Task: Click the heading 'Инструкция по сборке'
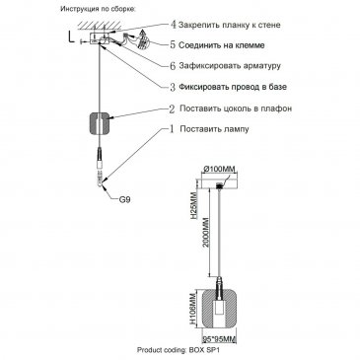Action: (98, 9)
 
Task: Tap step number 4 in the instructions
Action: (174, 25)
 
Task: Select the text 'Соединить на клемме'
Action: (222, 45)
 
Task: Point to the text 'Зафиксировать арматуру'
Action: (230, 65)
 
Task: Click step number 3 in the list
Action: (173, 87)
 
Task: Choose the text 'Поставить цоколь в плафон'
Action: (236, 108)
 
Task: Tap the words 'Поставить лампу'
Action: (214, 129)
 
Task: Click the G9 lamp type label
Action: (124, 199)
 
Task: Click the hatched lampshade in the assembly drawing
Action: (100, 122)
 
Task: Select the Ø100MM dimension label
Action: (219, 169)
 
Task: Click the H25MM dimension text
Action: (194, 206)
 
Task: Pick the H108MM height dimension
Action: (194, 309)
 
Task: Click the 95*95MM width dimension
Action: (219, 338)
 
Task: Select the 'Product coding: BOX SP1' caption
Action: (178, 350)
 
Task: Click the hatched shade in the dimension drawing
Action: (219, 309)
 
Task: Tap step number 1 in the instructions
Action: (172, 129)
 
